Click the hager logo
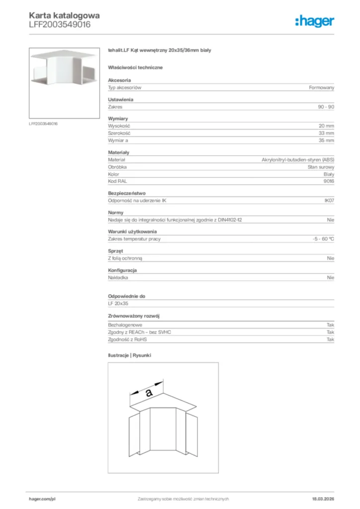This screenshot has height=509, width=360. [314, 21]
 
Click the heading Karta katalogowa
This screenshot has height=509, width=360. [64, 15]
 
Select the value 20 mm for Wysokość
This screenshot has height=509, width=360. [327, 126]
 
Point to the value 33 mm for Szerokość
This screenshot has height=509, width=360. [327, 133]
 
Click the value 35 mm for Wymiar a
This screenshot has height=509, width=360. [327, 141]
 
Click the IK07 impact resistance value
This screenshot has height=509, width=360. [329, 200]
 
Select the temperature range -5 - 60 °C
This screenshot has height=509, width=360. [320, 239]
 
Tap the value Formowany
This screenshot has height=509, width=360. [322, 87]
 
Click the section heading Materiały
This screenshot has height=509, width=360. [118, 153]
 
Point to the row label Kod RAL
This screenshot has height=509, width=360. [117, 181]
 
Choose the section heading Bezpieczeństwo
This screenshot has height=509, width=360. [127, 193]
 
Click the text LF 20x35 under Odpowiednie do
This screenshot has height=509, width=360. [118, 303]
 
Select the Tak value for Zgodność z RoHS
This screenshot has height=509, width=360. [330, 339]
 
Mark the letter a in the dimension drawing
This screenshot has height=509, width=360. [148, 393]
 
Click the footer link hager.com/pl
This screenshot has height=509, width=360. [42, 499]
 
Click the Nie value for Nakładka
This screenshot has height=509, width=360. [331, 277]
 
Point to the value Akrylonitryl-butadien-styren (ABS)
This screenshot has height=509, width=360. [298, 160]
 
